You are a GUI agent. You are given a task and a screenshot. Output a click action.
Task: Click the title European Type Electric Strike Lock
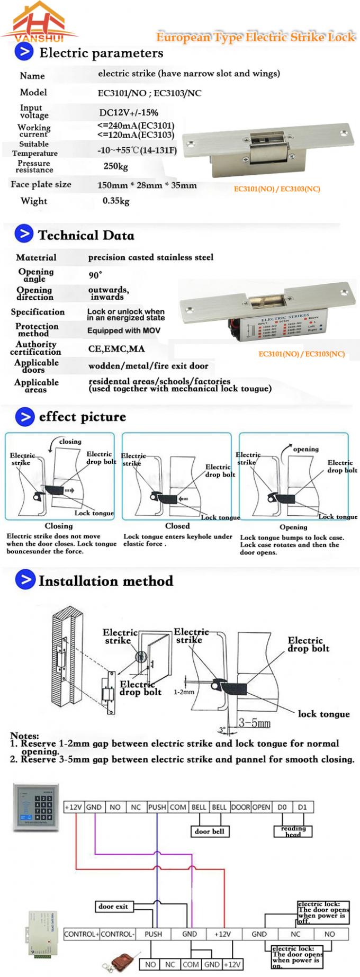click(256, 37)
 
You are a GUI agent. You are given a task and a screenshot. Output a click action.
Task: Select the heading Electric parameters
click(101, 53)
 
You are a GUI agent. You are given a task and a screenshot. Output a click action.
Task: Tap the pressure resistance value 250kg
click(115, 166)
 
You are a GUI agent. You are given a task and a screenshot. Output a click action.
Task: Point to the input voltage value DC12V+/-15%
click(129, 112)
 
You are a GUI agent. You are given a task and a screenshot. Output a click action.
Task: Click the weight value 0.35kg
click(115, 201)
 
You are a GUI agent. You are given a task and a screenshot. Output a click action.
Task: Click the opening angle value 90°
click(95, 275)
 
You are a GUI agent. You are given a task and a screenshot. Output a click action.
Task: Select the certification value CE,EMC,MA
click(116, 348)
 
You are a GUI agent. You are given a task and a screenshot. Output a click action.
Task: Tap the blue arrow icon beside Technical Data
click(24, 234)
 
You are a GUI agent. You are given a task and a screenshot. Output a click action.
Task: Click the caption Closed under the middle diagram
click(177, 526)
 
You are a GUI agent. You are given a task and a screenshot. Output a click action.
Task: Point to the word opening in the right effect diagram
click(305, 449)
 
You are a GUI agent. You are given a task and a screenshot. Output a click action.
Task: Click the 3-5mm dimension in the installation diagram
click(254, 723)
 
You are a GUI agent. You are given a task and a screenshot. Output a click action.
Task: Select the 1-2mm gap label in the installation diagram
click(184, 692)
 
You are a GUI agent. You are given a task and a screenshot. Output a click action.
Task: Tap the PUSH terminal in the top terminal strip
click(157, 807)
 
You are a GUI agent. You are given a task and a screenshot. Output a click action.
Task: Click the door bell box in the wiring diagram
click(209, 831)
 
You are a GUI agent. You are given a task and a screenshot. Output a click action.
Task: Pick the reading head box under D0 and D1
click(293, 831)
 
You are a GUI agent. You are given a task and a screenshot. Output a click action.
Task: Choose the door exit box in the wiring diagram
click(113, 906)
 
